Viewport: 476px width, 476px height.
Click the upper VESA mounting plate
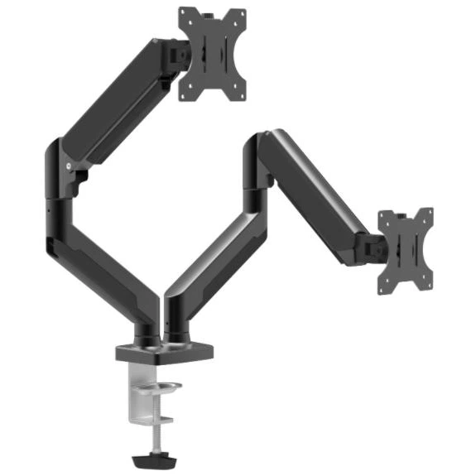coord(213,54)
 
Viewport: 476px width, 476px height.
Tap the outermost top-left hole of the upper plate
coord(184,14)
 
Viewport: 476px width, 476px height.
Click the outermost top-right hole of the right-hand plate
coord(427,214)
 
